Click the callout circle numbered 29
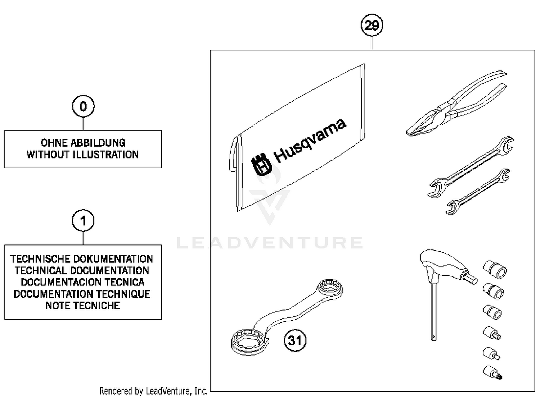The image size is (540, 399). coord(372,26)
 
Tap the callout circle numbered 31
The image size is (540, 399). coord(295,340)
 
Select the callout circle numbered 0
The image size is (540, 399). coord(83,106)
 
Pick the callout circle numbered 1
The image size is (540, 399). coord(83,221)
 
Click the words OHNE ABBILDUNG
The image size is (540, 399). coord(83,143)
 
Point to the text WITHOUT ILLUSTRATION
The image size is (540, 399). coord(83,155)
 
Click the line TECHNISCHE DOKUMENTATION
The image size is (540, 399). coord(82,259)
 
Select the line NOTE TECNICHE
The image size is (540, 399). coord(83,306)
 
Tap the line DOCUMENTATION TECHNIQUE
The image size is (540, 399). coord(82,294)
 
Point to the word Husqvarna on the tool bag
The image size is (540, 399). coord(310,140)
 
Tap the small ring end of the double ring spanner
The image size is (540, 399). coord(330,288)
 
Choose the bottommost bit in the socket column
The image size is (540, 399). coord(492,372)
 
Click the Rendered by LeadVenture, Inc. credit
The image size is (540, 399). coord(153,391)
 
